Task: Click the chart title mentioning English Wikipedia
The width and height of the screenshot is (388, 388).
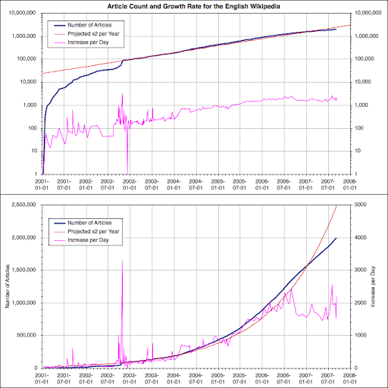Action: (x=194, y=5)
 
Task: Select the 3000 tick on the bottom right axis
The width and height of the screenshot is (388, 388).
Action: (x=361, y=270)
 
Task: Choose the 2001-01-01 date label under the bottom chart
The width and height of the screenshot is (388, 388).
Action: (x=42, y=378)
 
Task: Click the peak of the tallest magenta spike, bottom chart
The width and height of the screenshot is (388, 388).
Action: (x=123, y=261)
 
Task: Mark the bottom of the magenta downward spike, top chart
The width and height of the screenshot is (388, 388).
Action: (x=127, y=171)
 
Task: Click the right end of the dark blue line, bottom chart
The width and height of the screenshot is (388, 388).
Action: (x=336, y=238)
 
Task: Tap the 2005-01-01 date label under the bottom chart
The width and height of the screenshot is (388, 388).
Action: (x=217, y=378)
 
